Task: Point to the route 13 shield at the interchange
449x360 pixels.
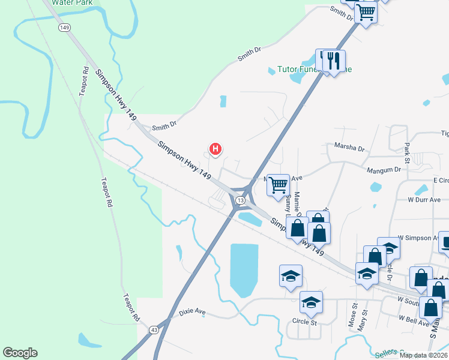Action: click(x=240, y=199)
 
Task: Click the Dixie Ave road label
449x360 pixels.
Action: click(x=192, y=313)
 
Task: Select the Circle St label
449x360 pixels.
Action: click(x=304, y=322)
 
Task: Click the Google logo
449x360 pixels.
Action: click(x=20, y=353)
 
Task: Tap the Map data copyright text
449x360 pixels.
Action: click(x=422, y=355)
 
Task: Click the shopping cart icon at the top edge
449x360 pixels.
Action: click(x=366, y=12)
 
